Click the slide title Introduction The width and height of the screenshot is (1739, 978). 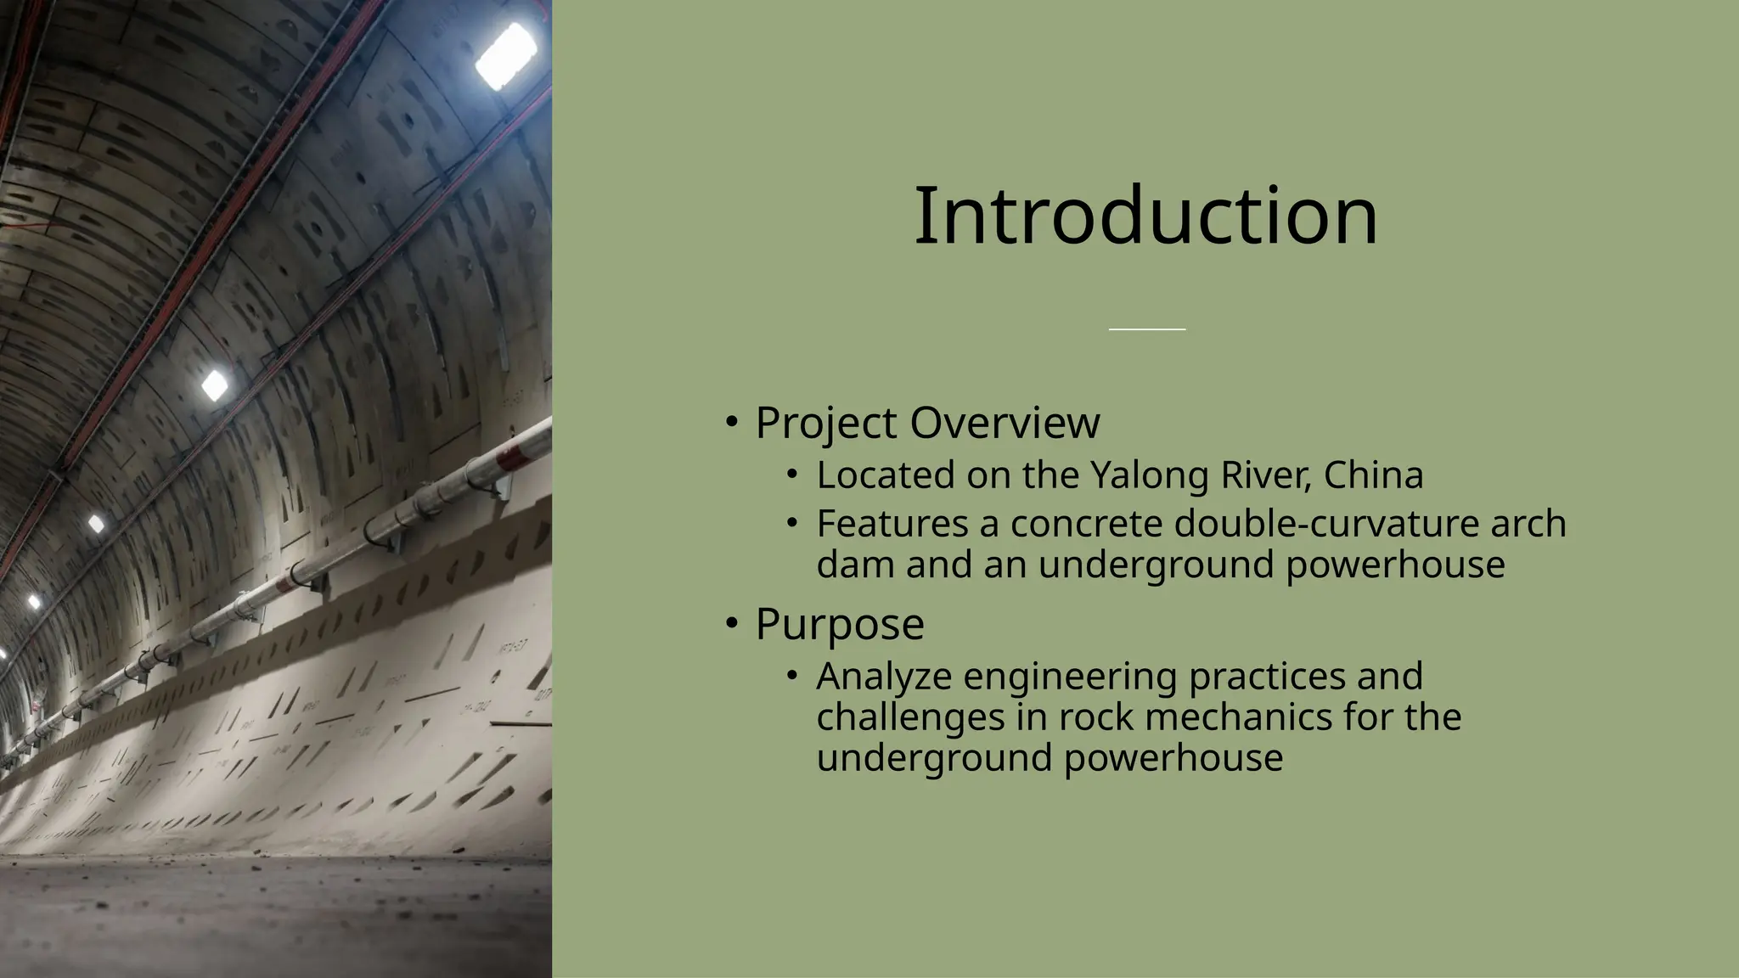(1145, 216)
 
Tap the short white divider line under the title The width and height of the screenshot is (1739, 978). (1146, 329)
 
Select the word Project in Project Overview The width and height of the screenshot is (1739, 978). (825, 423)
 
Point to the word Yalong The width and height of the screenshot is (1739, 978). (1149, 475)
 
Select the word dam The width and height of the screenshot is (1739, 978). (856, 565)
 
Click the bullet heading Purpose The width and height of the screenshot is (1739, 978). (839, 624)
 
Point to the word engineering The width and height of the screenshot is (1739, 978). (1070, 677)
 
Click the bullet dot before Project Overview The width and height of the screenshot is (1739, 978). (732, 422)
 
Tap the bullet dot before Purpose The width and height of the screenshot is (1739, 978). (732, 624)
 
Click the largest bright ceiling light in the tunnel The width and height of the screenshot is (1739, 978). (506, 56)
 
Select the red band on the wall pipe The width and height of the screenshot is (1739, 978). (512, 456)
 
